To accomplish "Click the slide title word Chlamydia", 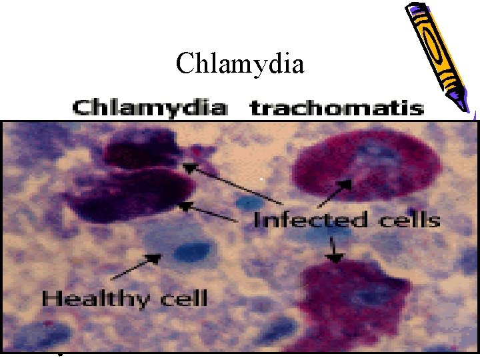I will (240, 65).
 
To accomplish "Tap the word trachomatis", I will (337, 108).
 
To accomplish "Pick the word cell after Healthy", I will (183, 298).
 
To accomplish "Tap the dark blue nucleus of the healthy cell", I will (192, 251).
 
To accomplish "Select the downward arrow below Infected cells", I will (333, 250).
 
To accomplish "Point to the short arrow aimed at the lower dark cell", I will (210, 212).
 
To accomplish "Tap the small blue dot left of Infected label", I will (249, 203).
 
